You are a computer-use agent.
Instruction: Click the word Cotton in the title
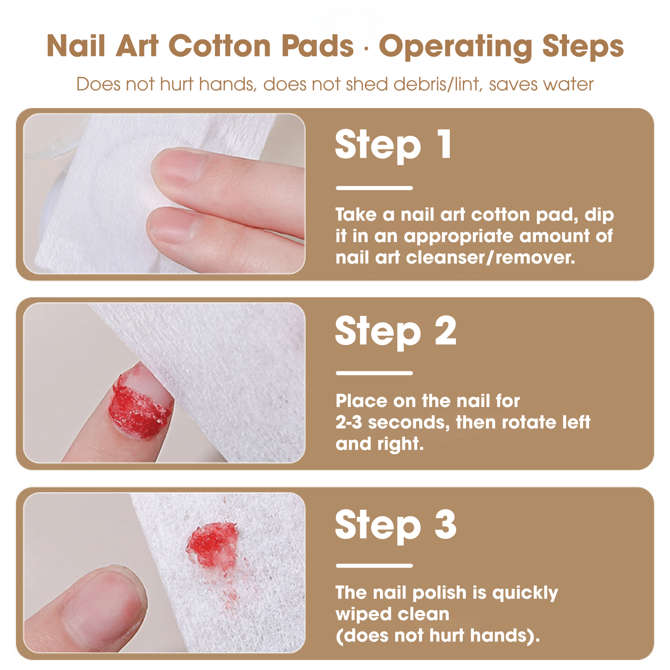220,46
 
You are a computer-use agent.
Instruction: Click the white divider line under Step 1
374,188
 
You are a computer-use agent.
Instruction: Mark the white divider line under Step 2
374,373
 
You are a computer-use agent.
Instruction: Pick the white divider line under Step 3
374,566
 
